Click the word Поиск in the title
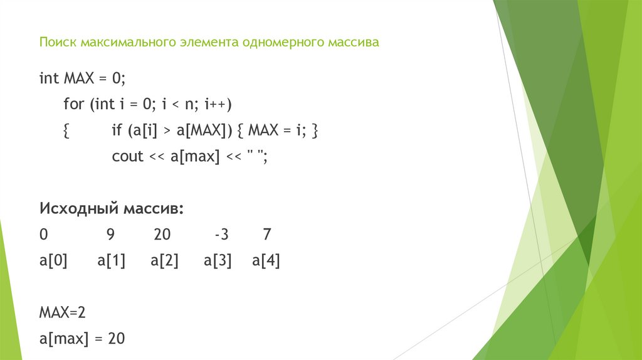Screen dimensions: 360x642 [56, 43]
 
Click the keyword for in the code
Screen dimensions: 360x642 [73, 103]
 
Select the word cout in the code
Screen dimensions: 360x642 [128, 157]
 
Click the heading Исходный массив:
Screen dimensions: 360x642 [112, 208]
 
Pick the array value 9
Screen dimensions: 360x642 [110, 235]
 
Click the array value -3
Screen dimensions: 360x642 [221, 235]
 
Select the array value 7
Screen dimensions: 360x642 [267, 235]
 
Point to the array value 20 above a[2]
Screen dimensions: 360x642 [162, 235]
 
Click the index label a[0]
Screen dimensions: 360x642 [53, 261]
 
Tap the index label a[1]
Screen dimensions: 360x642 [112, 261]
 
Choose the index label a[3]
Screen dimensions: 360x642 [218, 261]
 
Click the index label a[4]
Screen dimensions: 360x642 [266, 261]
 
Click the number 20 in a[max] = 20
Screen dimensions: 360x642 [117, 339]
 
